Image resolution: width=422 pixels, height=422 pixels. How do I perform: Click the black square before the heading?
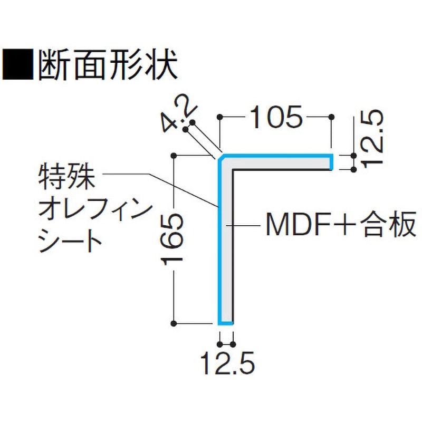(x=18, y=64)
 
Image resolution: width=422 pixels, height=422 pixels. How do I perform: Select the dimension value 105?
(x=276, y=117)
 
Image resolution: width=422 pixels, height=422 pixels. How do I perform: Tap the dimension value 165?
(x=172, y=239)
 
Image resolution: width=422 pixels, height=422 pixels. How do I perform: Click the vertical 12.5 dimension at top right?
(x=372, y=139)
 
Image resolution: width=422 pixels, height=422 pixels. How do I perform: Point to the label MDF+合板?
(x=341, y=224)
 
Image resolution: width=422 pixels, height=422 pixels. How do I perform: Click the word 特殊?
(x=67, y=177)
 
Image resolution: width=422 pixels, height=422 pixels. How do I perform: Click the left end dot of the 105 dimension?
(x=220, y=117)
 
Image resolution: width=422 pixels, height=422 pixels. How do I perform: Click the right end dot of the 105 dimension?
(x=332, y=117)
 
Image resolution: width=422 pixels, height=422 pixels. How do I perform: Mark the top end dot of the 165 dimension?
(x=174, y=155)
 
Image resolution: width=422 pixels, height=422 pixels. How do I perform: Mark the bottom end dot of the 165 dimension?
(x=174, y=323)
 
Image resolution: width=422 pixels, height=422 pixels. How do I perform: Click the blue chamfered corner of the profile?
(x=219, y=158)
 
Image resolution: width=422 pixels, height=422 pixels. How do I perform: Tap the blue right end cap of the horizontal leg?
(x=332, y=162)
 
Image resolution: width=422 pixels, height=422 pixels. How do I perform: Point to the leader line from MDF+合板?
(x=243, y=225)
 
